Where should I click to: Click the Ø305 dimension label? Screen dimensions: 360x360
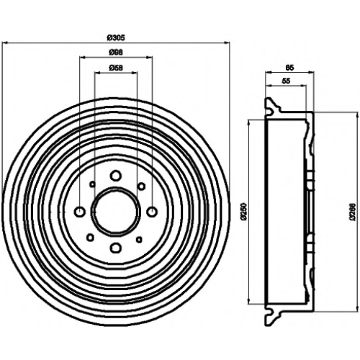(116, 37)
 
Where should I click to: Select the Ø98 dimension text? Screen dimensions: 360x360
(116, 53)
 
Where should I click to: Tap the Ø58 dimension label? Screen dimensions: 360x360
(116, 68)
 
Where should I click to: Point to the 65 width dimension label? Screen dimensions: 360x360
(289, 68)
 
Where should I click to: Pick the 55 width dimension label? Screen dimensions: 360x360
(286, 81)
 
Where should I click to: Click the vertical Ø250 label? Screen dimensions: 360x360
(244, 212)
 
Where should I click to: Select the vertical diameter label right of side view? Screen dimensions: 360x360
(352, 212)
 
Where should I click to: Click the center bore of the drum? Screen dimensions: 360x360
(115, 212)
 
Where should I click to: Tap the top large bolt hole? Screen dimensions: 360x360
(116, 176)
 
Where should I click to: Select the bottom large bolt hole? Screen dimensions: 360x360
(116, 248)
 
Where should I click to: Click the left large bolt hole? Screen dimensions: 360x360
(80, 212)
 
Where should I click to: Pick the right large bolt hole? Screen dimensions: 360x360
(152, 212)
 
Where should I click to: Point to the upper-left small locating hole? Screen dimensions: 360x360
(92, 184)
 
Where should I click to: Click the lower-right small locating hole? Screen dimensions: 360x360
(139, 239)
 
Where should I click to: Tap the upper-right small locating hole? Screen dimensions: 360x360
(142, 186)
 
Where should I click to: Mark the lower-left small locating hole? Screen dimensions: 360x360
(90, 238)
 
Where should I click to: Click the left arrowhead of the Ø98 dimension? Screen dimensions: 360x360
(82, 58)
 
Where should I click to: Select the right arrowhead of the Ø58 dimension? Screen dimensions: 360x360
(135, 72)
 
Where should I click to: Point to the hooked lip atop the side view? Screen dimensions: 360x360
(273, 106)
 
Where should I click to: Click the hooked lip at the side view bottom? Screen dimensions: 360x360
(273, 317)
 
